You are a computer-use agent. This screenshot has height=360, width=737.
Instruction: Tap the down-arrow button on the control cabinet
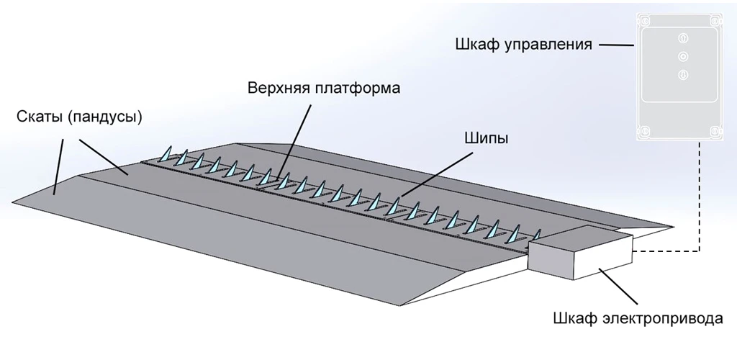click(683, 73)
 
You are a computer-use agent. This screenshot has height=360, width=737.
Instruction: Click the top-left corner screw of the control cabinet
click(646, 21)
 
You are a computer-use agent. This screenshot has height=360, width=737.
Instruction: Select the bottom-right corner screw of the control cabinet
click(715, 130)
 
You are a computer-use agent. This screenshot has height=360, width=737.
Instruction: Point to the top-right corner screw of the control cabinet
click(715, 21)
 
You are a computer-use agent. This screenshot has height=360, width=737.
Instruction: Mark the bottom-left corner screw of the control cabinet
click(646, 130)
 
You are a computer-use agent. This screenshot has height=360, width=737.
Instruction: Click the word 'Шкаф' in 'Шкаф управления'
click(473, 45)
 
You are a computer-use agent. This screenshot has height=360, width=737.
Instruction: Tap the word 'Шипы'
click(483, 138)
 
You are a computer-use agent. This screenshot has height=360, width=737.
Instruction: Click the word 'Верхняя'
click(279, 88)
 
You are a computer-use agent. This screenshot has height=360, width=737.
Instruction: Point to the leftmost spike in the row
click(165, 154)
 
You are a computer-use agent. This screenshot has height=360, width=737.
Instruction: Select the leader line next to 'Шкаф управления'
click(615, 45)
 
